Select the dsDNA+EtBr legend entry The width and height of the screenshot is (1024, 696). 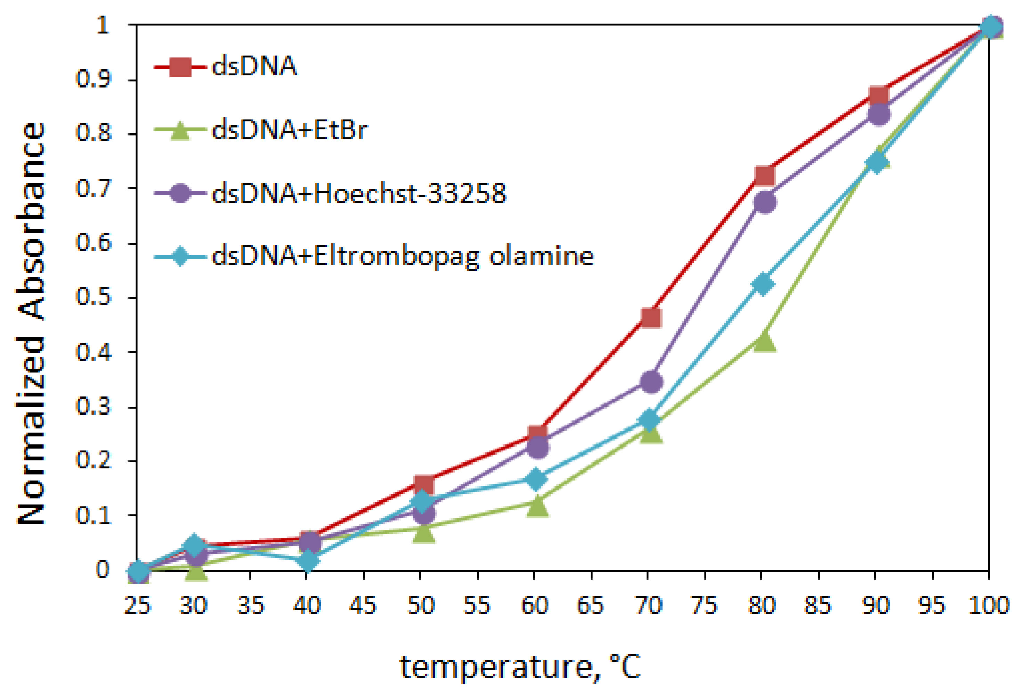pyautogui.click(x=289, y=130)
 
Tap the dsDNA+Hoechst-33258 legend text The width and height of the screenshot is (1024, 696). pyautogui.click(x=359, y=194)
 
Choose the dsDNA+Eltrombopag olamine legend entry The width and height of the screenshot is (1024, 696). pyautogui.click(x=402, y=256)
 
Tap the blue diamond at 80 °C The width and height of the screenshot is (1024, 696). pyautogui.click(x=764, y=284)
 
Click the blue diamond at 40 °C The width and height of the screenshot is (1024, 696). pyautogui.click(x=308, y=561)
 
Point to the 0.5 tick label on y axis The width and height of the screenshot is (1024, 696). pyautogui.click(x=94, y=296)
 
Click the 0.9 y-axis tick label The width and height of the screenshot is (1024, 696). pyautogui.click(x=94, y=79)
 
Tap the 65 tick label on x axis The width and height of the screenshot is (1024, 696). pyautogui.click(x=591, y=605)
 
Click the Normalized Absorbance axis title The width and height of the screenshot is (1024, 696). pyautogui.click(x=31, y=324)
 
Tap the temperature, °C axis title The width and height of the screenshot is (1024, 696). pyautogui.click(x=520, y=667)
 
